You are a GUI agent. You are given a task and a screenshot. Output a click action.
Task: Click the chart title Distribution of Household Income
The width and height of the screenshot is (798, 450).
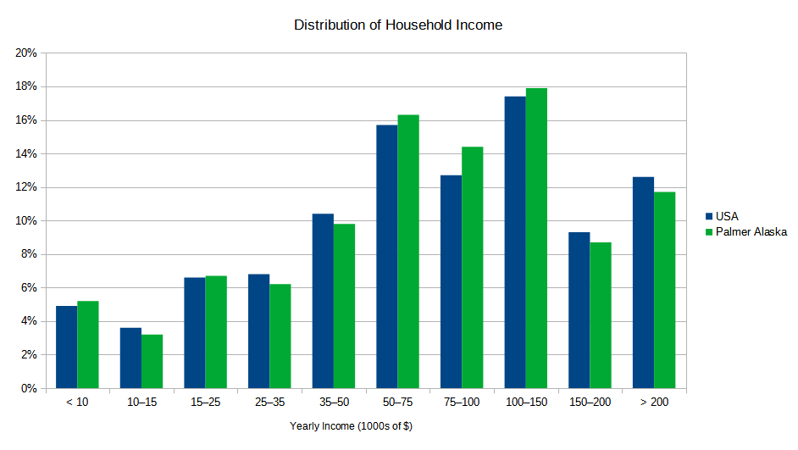click(398, 25)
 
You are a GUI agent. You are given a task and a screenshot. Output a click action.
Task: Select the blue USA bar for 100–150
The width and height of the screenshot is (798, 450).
click(515, 242)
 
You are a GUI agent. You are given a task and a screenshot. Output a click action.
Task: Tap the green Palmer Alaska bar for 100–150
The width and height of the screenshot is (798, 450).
click(536, 238)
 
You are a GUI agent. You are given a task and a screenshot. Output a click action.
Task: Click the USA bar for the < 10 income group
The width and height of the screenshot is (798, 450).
click(67, 347)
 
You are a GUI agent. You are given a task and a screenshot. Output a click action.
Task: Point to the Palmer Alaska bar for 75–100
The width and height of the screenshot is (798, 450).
click(472, 268)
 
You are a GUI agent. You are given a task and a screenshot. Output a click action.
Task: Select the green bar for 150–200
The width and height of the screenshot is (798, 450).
click(601, 315)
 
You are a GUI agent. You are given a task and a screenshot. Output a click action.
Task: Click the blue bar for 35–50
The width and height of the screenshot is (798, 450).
click(323, 301)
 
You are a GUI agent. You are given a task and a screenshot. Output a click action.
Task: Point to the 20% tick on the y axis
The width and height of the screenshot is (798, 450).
click(26, 53)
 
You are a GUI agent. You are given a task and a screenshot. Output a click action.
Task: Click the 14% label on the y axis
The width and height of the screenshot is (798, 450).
click(26, 153)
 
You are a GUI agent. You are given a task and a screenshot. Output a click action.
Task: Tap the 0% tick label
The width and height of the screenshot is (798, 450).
click(29, 388)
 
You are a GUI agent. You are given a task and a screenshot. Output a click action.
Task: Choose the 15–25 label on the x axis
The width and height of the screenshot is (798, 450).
click(205, 402)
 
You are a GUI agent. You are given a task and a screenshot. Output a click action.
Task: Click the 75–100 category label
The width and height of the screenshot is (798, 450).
click(462, 402)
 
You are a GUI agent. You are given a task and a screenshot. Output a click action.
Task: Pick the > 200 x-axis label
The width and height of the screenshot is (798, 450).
click(654, 402)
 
